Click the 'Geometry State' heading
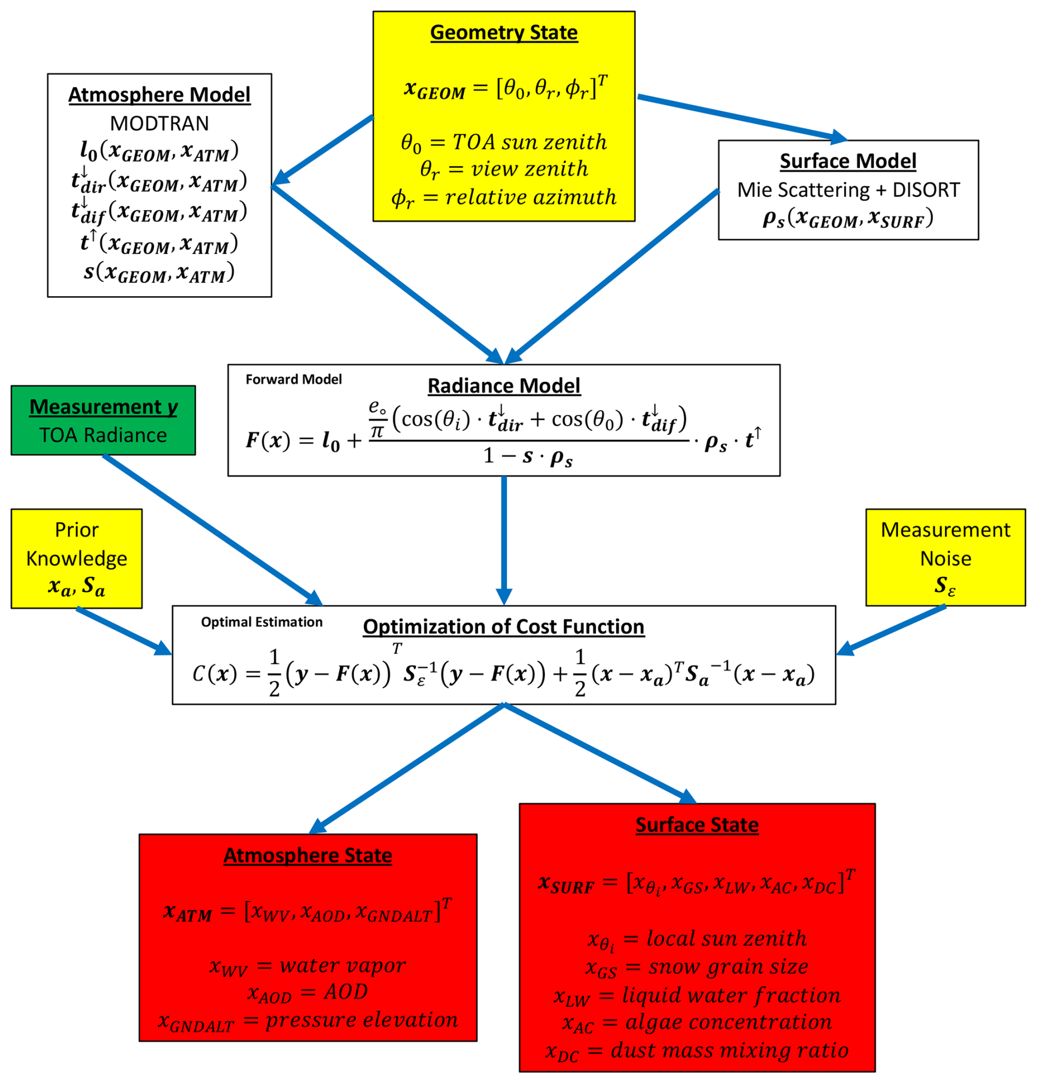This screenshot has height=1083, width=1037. (x=504, y=32)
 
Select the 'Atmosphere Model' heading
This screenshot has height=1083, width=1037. (x=159, y=94)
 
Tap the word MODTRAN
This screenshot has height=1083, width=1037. (x=159, y=123)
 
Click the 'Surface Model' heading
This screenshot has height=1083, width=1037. (x=847, y=161)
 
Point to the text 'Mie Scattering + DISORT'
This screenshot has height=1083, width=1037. (x=848, y=190)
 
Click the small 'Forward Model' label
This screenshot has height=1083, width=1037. (x=293, y=379)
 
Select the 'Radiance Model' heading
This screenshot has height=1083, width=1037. (x=504, y=385)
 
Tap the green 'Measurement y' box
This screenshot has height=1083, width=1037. (x=103, y=421)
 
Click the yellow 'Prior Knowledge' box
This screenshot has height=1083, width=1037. (x=76, y=558)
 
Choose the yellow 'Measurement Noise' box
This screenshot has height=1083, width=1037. (x=945, y=557)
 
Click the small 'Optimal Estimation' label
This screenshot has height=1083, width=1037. (x=261, y=622)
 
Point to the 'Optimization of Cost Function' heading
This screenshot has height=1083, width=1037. (x=503, y=627)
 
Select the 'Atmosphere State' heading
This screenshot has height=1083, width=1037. (x=307, y=855)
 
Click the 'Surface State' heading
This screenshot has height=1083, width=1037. (x=697, y=825)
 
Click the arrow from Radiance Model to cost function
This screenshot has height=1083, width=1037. (x=504, y=538)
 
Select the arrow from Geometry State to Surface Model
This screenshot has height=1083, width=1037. (x=740, y=117)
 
